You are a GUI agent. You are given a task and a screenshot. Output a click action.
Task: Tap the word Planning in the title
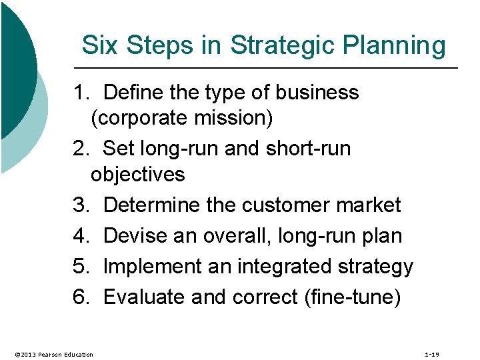(x=399, y=46)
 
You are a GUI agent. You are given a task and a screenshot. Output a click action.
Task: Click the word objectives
(x=138, y=175)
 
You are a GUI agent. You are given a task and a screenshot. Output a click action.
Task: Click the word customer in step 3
(x=287, y=205)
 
